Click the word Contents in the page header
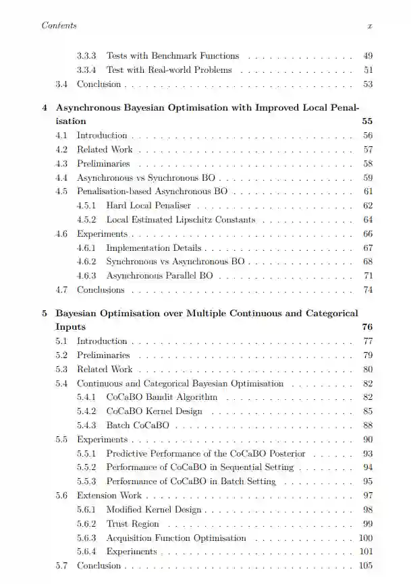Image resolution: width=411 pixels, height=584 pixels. click(x=59, y=26)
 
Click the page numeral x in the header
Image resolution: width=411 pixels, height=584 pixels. click(x=369, y=26)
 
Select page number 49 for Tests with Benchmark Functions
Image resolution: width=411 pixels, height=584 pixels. click(x=368, y=55)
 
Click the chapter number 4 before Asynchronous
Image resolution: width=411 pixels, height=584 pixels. click(x=45, y=107)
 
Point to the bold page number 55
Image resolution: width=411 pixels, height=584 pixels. click(x=367, y=121)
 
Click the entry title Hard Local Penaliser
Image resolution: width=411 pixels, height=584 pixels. click(x=148, y=205)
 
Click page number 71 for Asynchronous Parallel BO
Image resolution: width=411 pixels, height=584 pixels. click(x=368, y=276)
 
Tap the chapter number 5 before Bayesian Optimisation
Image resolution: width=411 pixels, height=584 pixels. click(x=45, y=313)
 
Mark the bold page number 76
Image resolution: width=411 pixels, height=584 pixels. click(x=367, y=327)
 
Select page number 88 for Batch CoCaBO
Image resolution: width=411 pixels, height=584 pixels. click(x=368, y=426)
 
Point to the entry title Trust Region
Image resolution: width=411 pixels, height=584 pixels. click(x=133, y=523)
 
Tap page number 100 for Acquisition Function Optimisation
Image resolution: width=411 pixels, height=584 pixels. click(x=366, y=537)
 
